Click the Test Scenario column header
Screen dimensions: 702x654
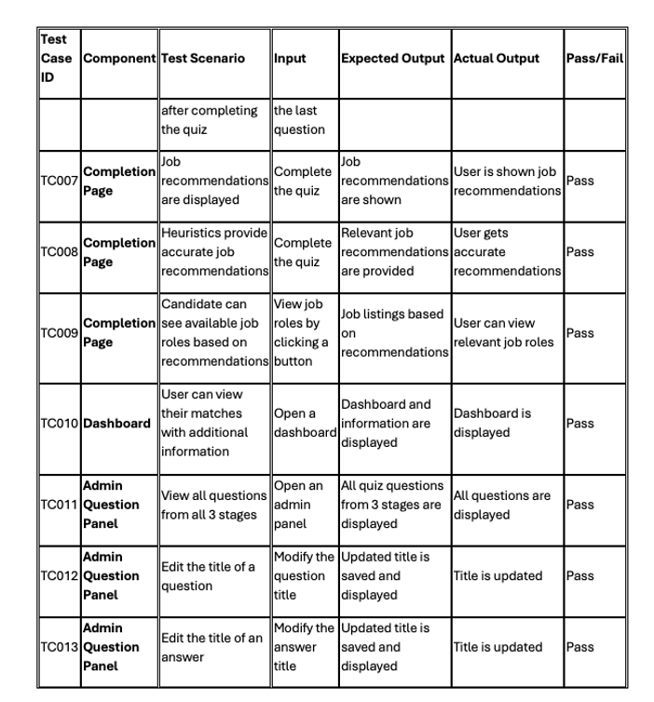coord(203,58)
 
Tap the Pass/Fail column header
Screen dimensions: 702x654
coord(594,58)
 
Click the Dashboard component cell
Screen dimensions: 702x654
coord(117,423)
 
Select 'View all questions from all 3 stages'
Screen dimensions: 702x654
coord(213,505)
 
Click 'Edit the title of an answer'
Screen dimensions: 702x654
coord(211,647)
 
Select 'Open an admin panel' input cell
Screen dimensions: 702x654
coord(299,505)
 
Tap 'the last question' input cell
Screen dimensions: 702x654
coord(299,120)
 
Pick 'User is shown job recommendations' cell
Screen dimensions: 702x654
coord(506,181)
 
